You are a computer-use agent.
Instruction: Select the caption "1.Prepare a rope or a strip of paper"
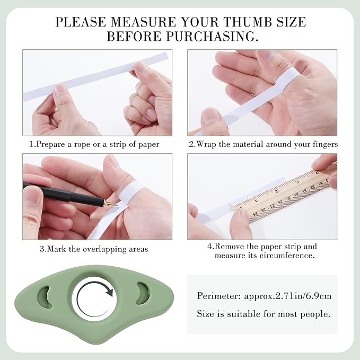94,144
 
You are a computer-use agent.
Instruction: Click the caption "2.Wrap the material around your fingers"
264,144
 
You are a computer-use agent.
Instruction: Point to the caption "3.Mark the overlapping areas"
94,249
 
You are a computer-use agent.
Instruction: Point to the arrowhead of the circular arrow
109,291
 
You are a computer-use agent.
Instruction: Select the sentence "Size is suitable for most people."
264,314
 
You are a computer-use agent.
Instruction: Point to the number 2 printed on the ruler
277,191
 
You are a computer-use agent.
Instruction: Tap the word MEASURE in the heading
144,22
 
